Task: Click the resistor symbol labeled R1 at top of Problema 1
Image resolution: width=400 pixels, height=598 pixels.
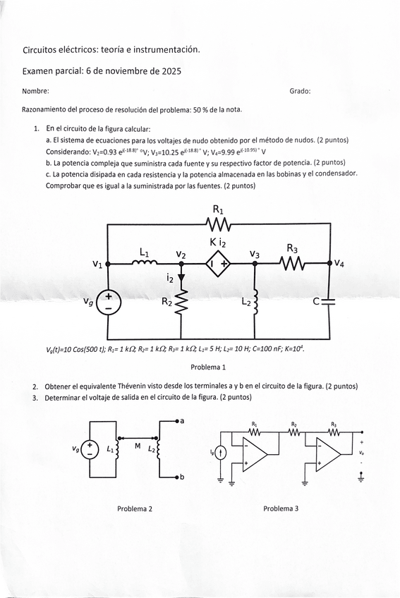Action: [219, 224]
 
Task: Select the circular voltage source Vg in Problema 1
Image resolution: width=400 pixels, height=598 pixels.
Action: [109, 303]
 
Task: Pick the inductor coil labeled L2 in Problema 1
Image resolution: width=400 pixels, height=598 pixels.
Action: [255, 302]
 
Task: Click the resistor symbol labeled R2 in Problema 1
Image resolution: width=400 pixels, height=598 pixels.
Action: [183, 304]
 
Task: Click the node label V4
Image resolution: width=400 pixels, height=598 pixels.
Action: [339, 264]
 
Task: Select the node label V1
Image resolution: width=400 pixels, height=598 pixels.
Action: [97, 264]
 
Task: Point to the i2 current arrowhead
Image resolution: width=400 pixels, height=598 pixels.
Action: [182, 278]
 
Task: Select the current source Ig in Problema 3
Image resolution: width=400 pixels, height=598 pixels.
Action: [220, 453]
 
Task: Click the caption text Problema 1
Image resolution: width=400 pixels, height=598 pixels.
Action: [208, 367]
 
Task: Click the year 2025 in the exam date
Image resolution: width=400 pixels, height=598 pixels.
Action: [171, 71]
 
